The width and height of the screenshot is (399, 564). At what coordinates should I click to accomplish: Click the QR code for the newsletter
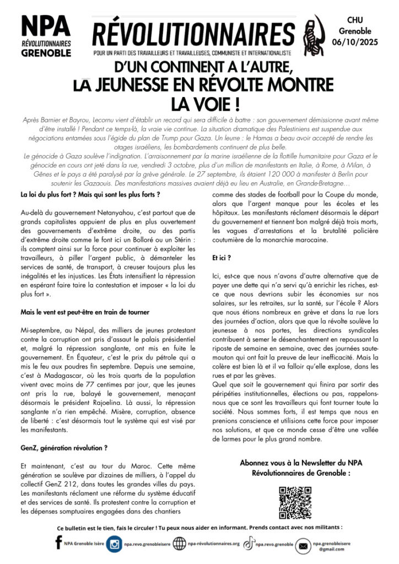(x=295, y=502)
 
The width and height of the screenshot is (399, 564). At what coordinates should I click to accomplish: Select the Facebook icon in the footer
(x=59, y=543)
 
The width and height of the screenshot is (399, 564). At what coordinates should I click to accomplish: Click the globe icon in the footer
(x=180, y=544)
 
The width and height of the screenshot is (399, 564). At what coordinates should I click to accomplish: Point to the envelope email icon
(x=303, y=546)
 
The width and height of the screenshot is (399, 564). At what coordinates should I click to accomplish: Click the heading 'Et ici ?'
(x=220, y=257)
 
